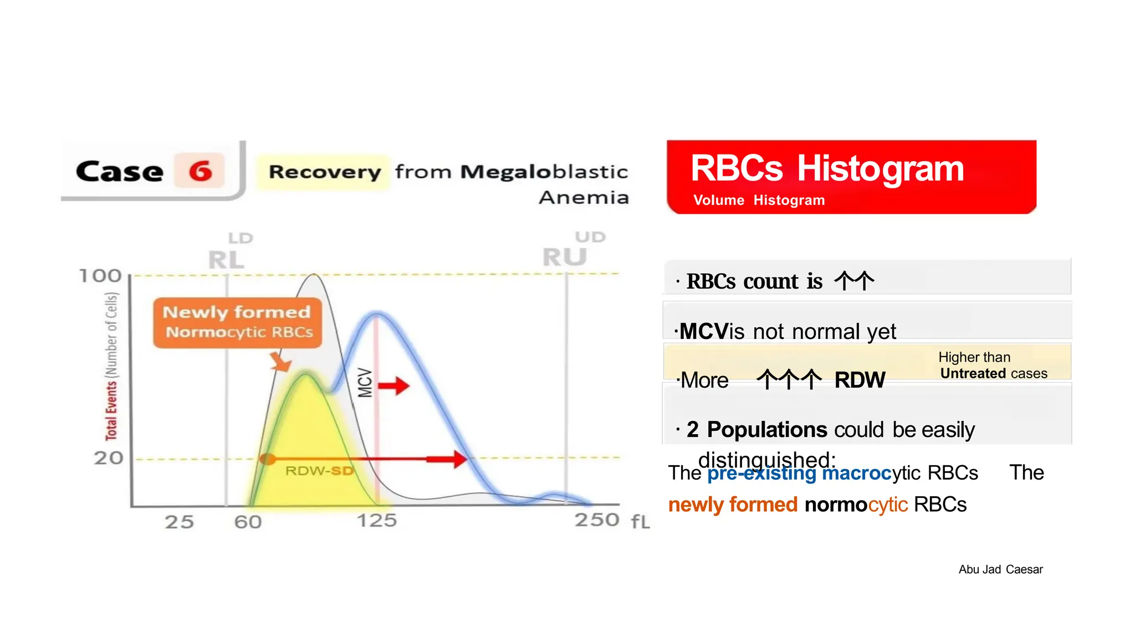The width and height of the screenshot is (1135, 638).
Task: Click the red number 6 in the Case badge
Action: click(200, 171)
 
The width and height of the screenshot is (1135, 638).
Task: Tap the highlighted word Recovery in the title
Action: click(325, 172)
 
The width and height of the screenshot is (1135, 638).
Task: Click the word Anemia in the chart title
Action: click(584, 197)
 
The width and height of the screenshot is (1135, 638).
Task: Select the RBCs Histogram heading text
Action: click(827, 168)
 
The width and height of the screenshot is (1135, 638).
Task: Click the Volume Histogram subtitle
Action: click(759, 200)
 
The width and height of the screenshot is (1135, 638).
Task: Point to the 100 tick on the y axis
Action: click(100, 276)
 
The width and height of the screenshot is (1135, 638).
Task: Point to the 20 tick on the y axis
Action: click(108, 458)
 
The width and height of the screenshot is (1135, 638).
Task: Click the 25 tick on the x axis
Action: click(179, 522)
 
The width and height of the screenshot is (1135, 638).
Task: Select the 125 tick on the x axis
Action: click(376, 521)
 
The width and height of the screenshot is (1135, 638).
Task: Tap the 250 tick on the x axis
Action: click(596, 520)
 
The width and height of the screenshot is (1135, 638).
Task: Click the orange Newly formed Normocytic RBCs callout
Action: click(237, 322)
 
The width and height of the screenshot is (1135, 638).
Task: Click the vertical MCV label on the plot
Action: click(364, 383)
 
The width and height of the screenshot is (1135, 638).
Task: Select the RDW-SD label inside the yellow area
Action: click(319, 471)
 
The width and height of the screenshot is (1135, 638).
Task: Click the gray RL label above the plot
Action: click(226, 260)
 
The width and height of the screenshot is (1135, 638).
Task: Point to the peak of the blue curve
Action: click(377, 315)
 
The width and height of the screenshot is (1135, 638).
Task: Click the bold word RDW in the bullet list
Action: click(859, 380)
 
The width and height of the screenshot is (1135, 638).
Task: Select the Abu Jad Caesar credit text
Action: click(1000, 569)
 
